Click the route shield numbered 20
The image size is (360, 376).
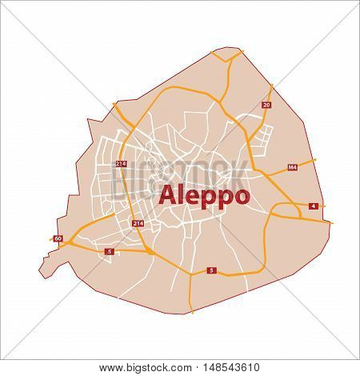click(266, 105)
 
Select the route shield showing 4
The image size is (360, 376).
click(313, 206)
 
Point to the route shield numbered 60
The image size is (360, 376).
click(58, 238)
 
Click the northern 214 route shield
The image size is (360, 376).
click(121, 164)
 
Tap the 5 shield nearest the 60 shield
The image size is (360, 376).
click(109, 252)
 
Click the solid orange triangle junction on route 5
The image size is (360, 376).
click(150, 251)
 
